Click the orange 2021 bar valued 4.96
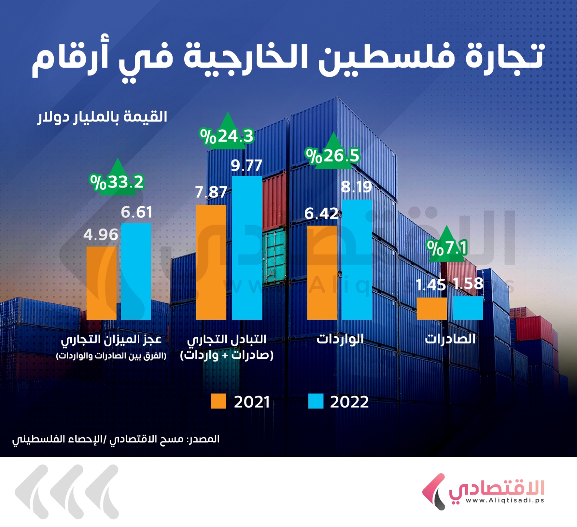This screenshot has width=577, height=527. (101, 283)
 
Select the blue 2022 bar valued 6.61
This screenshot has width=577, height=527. (136, 271)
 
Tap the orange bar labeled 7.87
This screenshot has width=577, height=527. (211, 262)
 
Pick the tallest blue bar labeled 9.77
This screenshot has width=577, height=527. (247, 248)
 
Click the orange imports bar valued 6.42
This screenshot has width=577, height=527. (322, 273)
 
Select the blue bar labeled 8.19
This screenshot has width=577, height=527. (357, 260)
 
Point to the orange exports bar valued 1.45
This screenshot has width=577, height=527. (432, 308)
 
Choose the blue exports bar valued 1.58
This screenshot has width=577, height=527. (468, 308)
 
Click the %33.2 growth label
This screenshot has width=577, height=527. (117, 182)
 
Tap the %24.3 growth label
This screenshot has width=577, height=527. (227, 136)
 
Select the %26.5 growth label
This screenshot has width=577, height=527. (332, 156)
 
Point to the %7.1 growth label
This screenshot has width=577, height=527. (447, 248)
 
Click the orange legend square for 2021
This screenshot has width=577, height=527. (218, 401)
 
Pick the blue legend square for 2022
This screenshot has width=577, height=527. (316, 401)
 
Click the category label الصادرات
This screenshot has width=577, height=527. (450, 339)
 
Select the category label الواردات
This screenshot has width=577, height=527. (340, 339)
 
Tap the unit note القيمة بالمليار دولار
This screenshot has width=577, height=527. (102, 117)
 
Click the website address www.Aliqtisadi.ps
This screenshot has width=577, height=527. (505, 500)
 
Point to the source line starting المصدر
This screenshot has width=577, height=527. (116, 439)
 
